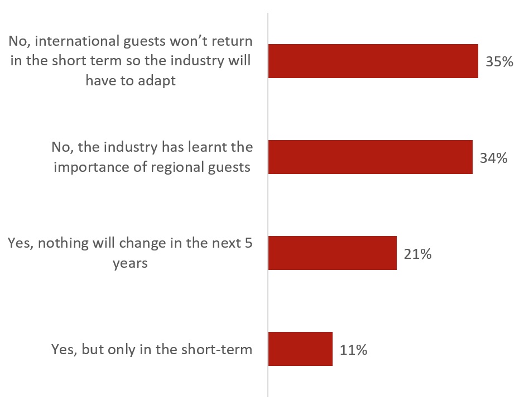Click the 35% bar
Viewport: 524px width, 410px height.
click(373, 61)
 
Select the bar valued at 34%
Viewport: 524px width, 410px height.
click(370, 157)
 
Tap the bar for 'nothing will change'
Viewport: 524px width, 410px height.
click(332, 253)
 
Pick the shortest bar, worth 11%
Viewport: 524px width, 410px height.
click(300, 349)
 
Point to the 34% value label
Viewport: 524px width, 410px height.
click(493, 158)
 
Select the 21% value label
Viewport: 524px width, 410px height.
click(417, 254)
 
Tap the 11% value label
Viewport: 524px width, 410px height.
click(353, 350)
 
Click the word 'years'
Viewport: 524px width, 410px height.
click(130, 263)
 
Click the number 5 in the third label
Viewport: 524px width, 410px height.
click(248, 243)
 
